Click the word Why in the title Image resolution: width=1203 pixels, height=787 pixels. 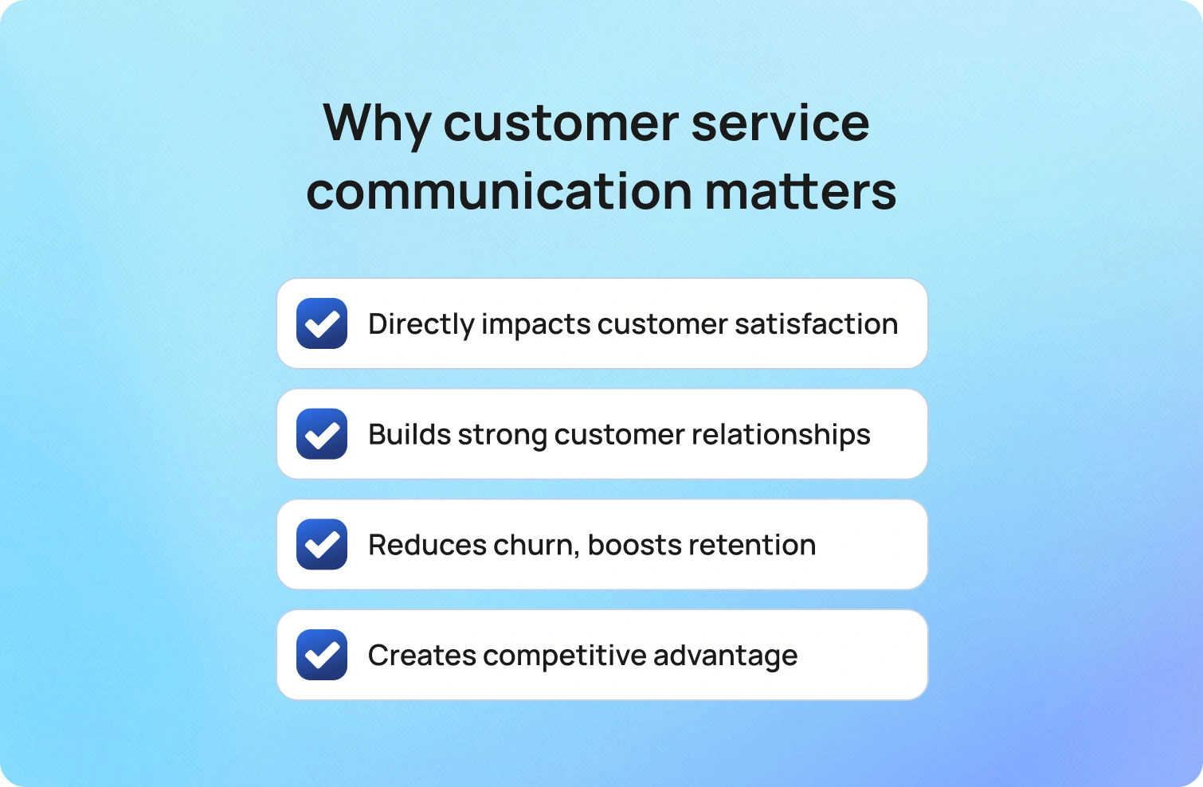(377, 124)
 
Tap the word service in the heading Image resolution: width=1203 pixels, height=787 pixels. (780, 123)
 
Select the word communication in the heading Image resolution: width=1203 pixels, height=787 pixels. (499, 191)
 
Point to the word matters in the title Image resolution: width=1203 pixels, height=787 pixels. (800, 191)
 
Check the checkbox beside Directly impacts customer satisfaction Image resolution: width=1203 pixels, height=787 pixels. (322, 323)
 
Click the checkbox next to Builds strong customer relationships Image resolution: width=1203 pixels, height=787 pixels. (322, 434)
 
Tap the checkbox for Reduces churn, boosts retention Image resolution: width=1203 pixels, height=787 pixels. (322, 544)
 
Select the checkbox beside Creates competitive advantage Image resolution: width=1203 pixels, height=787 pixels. (322, 655)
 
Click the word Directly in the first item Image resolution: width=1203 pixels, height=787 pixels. (421, 325)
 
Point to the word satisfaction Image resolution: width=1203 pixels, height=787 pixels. (817, 323)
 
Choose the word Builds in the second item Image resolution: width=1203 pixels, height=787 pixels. (409, 434)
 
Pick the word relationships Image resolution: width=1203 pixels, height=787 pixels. (781, 435)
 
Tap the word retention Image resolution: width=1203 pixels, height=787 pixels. (752, 546)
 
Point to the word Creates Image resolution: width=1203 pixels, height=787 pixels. (422, 655)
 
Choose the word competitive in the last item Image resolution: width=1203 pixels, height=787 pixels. (564, 656)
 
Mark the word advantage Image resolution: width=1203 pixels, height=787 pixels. (725, 656)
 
